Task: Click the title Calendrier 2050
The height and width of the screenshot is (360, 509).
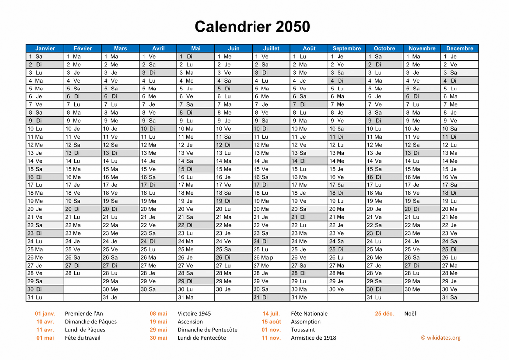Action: pyautogui.click(x=252, y=26)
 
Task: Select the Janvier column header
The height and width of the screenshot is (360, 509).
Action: pyautogui.click(x=45, y=48)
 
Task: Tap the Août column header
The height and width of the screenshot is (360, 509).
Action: pyautogui.click(x=309, y=48)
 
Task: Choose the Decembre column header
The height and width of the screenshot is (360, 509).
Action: pyautogui.click(x=459, y=48)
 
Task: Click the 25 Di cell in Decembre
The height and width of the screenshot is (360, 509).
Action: pyautogui.click(x=459, y=249)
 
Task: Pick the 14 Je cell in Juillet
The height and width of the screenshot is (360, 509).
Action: pyautogui.click(x=271, y=161)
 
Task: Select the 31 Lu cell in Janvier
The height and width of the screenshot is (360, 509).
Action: pyautogui.click(x=45, y=297)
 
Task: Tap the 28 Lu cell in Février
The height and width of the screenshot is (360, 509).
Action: pyautogui.click(x=83, y=273)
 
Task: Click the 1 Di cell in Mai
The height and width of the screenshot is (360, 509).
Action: pyautogui.click(x=196, y=56)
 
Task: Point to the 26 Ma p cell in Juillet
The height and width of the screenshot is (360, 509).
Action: pyautogui.click(x=271, y=257)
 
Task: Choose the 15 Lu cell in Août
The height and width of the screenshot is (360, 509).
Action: pyautogui.click(x=309, y=169)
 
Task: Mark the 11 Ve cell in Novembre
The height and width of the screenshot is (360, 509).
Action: pyautogui.click(x=422, y=137)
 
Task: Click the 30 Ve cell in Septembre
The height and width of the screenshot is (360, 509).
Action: pyautogui.click(x=346, y=289)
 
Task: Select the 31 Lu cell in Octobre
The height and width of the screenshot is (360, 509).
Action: pyautogui.click(x=384, y=297)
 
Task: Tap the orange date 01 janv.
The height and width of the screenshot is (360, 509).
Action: pyautogui.click(x=45, y=313)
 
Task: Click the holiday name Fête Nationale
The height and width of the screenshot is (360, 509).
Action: pyautogui.click(x=309, y=313)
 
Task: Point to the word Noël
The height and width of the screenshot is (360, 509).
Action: pyautogui.click(x=410, y=313)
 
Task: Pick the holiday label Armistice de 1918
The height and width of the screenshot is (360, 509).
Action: pyautogui.click(x=313, y=338)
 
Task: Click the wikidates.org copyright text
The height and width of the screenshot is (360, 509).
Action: pyautogui.click(x=440, y=338)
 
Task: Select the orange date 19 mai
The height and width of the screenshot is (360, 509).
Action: pyautogui.click(x=158, y=321)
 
